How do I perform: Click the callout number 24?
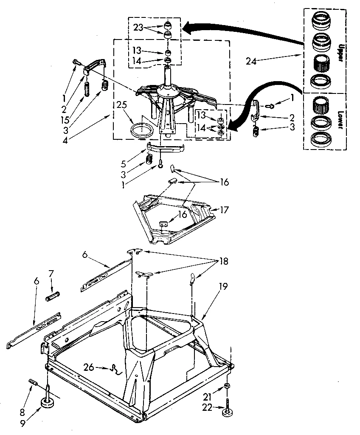[251, 61]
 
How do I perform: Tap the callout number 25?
[121, 104]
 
